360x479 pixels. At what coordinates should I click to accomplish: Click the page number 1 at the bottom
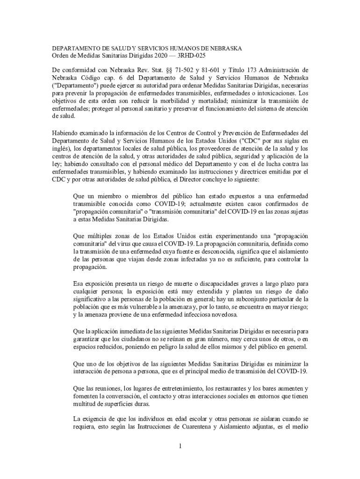click(x=180, y=446)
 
